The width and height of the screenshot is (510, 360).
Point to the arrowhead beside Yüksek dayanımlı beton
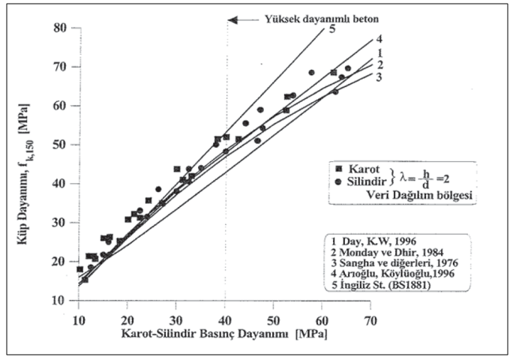pyautogui.click(x=232, y=19)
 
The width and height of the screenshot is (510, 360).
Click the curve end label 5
pyautogui.click(x=331, y=30)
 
